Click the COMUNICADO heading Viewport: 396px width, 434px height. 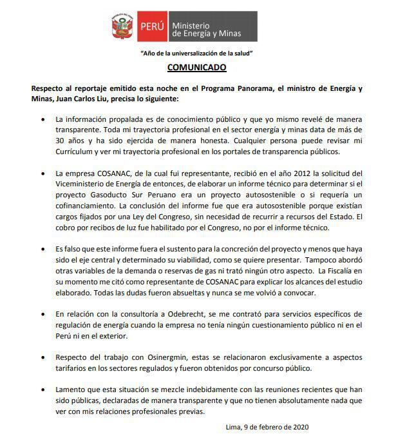pyautogui.click(x=197, y=67)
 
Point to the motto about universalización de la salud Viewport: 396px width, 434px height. pyautogui.click(x=197, y=52)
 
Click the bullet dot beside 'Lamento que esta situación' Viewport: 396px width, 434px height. pyautogui.click(x=42, y=389)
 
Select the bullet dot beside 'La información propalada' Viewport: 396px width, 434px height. pyautogui.click(x=42, y=119)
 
